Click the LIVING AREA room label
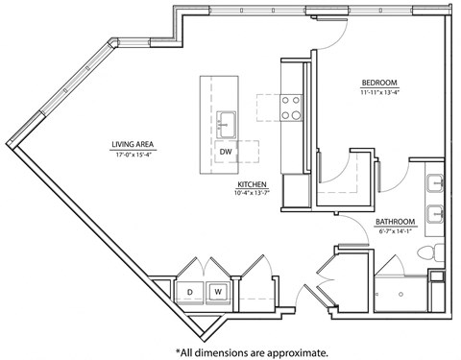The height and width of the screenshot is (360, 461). (133, 145)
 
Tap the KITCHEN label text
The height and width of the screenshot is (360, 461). (253, 184)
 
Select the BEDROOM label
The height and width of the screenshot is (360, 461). (379, 83)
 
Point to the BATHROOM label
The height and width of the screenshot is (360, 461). (395, 221)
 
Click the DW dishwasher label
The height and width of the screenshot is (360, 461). (225, 153)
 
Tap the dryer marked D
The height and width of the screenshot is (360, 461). (190, 292)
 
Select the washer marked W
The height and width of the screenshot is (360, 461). (218, 292)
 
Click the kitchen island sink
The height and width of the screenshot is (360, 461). (227, 123)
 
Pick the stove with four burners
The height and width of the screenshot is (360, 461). (291, 107)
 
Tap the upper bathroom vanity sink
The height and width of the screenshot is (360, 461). (435, 181)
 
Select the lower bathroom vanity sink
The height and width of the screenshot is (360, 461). (435, 213)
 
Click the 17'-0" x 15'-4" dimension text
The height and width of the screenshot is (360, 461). (133, 154)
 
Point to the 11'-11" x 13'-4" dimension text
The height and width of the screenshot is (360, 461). (379, 92)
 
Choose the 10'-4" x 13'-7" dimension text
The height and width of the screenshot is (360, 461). (253, 194)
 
